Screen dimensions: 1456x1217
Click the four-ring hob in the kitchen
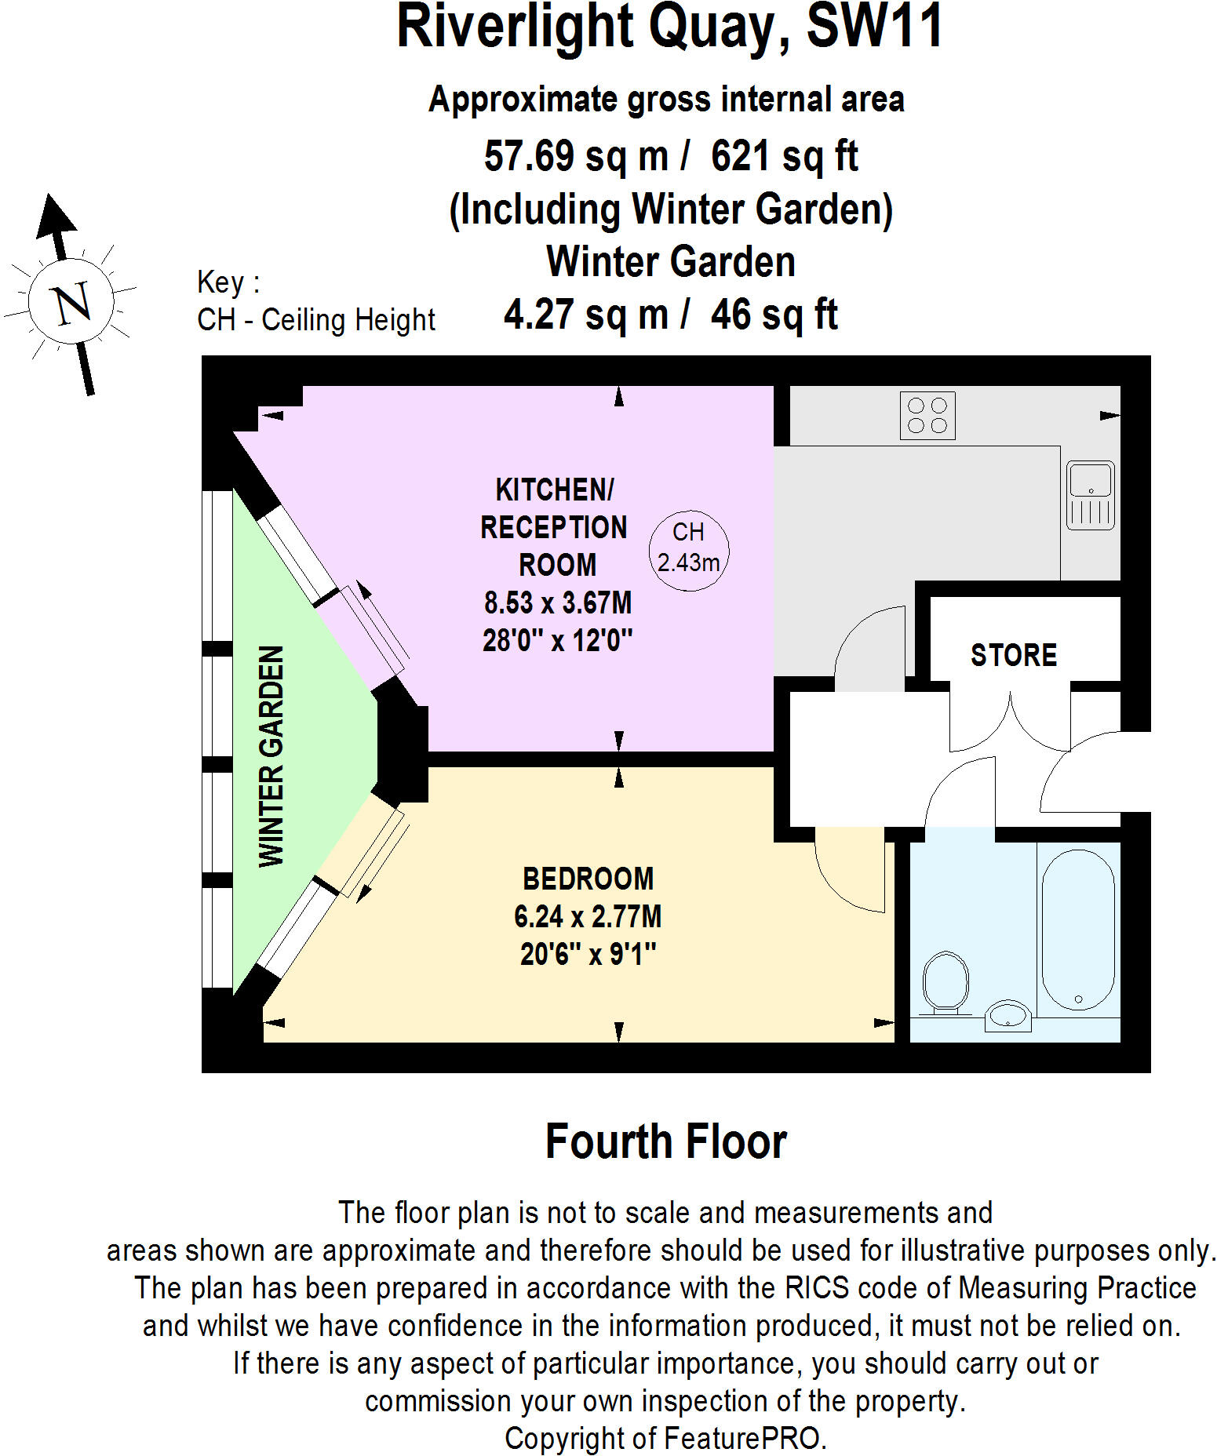(x=927, y=416)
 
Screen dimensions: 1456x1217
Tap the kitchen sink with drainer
(x=1090, y=495)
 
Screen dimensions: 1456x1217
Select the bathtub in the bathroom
(x=1077, y=930)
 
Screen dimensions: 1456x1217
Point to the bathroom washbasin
(x=1007, y=1016)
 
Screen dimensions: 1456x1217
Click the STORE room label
(x=1013, y=655)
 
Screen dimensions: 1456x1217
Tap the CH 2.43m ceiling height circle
(x=688, y=548)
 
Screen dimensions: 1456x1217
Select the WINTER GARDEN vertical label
(x=271, y=756)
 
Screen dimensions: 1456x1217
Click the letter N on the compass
(x=71, y=302)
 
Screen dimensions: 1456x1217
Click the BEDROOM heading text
(x=588, y=879)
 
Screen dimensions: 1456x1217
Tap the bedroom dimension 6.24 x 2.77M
(x=588, y=916)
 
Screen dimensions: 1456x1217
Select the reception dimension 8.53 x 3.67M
(x=557, y=602)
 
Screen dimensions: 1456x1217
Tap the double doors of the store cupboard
(x=1010, y=722)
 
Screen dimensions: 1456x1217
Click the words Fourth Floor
(x=665, y=1141)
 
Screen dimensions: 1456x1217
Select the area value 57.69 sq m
(x=575, y=155)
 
